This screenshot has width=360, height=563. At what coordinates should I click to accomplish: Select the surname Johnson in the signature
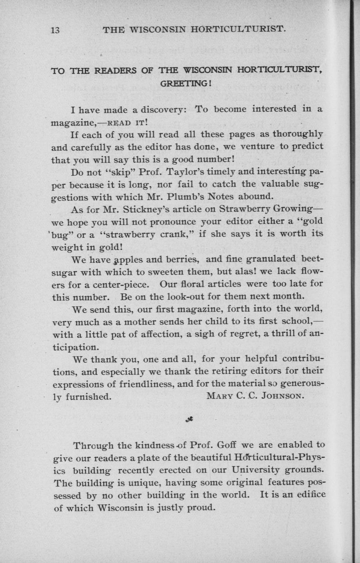[282, 396]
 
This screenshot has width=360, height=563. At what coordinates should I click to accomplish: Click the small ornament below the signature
[189, 419]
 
